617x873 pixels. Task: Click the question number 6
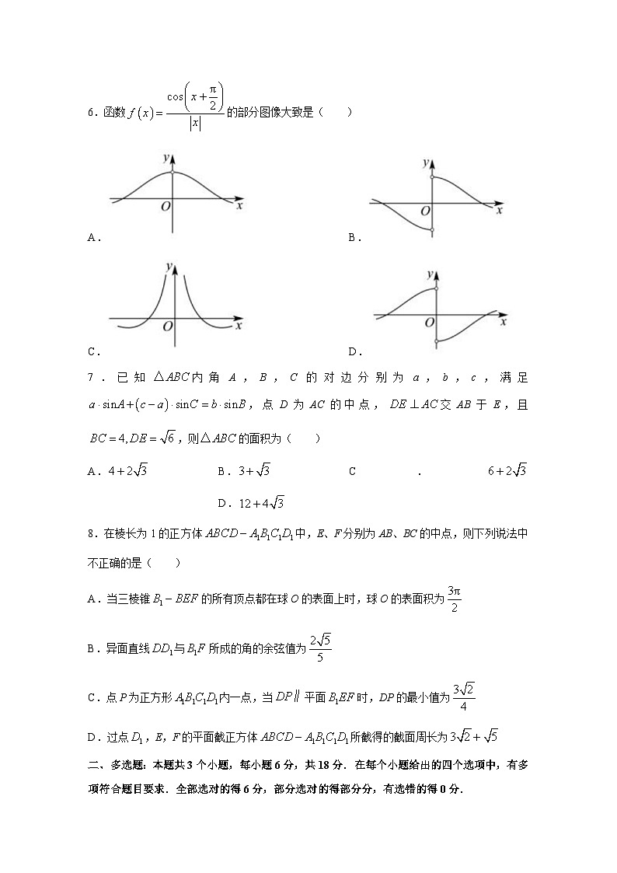coord(90,113)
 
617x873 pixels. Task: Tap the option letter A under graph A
coord(92,238)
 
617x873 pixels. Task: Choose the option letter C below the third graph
coord(92,351)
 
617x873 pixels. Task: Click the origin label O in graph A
coord(165,207)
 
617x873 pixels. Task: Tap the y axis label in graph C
coord(168,267)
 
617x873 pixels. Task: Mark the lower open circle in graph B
coord(432,230)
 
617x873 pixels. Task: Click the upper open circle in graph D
coord(437,288)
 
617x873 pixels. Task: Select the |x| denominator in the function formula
coord(195,124)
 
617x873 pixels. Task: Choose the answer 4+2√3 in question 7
coord(124,470)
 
